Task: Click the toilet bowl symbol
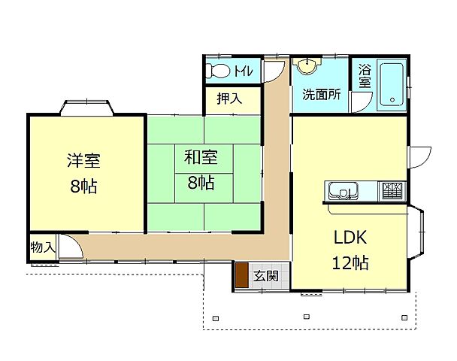[x=217, y=71]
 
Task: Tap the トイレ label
[x=243, y=71]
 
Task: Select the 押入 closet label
[x=229, y=99]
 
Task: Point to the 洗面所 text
[x=321, y=94]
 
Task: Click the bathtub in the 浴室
[x=392, y=85]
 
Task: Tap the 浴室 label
[x=365, y=76]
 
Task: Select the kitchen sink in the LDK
[x=344, y=191]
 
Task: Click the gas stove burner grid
[x=392, y=191]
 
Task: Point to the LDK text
[x=350, y=238]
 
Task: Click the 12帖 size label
[x=350, y=262]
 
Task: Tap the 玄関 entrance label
[x=265, y=275]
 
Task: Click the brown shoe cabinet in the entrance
[x=241, y=275]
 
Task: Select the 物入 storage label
[x=43, y=247]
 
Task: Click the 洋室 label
[x=84, y=160]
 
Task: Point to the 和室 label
[x=201, y=157]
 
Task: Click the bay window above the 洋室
[x=86, y=108]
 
